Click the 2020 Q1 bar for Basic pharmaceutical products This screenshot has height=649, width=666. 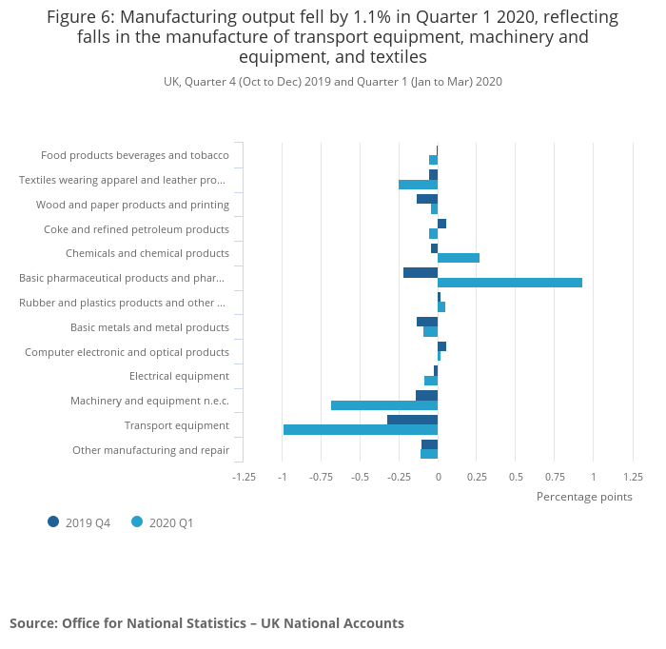[510, 283]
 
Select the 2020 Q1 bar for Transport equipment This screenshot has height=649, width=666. [361, 429]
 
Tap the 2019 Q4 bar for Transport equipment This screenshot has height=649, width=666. [412, 420]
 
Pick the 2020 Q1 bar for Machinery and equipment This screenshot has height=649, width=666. [384, 405]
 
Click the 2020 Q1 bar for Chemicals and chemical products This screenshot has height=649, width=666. [459, 258]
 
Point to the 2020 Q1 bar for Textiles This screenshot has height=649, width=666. [418, 185]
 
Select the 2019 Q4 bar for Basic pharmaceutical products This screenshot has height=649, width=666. [421, 272]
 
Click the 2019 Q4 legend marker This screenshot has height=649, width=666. [53, 521]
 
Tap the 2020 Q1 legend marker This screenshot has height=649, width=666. [137, 521]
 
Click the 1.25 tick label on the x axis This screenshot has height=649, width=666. [633, 477]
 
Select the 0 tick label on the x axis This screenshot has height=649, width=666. [438, 477]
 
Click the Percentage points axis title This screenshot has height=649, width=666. [584, 497]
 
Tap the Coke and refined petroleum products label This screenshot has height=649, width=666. [136, 229]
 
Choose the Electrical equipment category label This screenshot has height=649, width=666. [179, 376]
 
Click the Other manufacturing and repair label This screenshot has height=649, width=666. [150, 450]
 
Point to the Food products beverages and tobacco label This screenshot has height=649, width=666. [135, 155]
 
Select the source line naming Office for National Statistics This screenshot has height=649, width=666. [206, 623]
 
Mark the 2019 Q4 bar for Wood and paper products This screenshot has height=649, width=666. [427, 199]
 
